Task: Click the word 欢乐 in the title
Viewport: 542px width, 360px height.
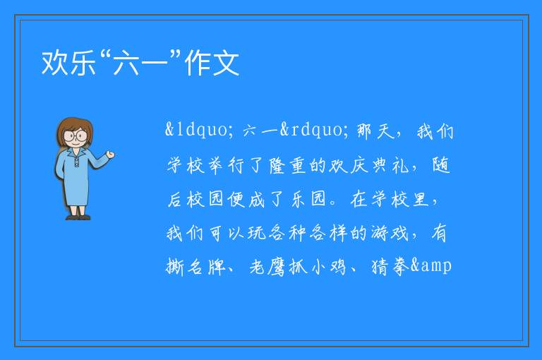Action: tap(68, 63)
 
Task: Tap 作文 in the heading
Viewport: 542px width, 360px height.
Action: tap(212, 63)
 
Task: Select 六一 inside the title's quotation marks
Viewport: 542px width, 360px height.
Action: tap(140, 63)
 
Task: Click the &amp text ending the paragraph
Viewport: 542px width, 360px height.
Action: tap(430, 266)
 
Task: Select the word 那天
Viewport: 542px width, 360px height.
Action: tap(375, 131)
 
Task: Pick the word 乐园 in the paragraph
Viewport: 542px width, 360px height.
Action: tap(308, 199)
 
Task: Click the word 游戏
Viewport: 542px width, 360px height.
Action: tap(390, 233)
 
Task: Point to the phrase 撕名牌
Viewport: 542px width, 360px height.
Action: tap(195, 267)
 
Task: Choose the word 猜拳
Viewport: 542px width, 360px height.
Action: tap(390, 267)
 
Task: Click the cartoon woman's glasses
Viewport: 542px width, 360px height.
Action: tap(76, 135)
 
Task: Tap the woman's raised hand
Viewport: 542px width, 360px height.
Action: tap(110, 155)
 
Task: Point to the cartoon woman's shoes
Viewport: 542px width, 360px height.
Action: tap(78, 217)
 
